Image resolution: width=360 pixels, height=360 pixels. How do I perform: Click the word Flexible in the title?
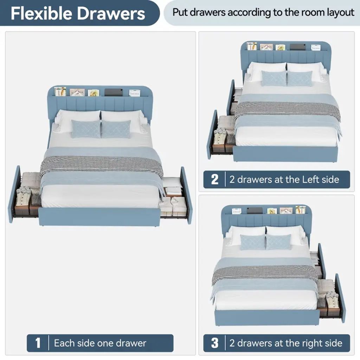(41, 13)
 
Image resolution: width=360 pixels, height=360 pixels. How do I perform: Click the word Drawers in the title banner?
(111, 13)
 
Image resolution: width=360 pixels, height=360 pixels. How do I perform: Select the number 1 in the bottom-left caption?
(38, 343)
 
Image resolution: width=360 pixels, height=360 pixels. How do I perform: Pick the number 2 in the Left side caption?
(215, 180)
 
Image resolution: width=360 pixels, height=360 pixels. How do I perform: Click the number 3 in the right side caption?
(215, 343)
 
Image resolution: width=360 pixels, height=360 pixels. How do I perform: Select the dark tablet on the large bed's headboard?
(114, 92)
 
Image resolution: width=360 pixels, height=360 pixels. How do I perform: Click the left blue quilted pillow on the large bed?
(86, 129)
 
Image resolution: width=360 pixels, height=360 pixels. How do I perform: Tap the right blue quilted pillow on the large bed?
(116, 129)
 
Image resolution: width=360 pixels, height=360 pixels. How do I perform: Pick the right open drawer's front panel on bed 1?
(186, 195)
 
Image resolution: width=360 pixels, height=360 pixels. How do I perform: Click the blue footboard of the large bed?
(99, 217)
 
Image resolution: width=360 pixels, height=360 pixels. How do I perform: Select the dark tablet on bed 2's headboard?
(297, 47)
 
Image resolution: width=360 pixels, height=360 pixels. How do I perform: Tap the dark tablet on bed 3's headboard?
(255, 210)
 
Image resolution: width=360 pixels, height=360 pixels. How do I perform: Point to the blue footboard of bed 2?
(285, 154)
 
